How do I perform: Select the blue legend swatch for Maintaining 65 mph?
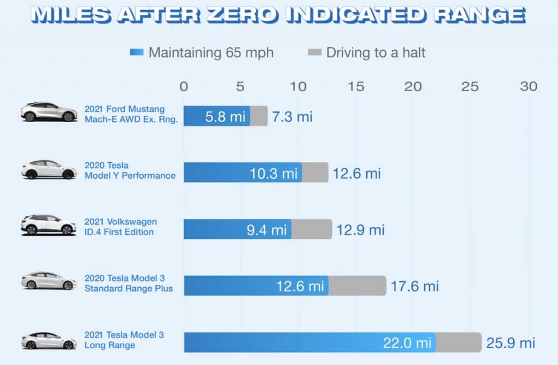tap(137, 53)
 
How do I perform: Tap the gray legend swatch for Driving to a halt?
tap(315, 53)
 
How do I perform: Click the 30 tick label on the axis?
tap(528, 86)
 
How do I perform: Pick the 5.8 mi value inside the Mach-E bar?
tap(226, 116)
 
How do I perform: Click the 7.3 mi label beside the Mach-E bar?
tap(292, 116)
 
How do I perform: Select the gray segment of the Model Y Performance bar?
tap(315, 173)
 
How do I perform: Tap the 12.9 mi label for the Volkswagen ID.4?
tap(361, 229)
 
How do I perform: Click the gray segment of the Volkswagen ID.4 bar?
tap(312, 229)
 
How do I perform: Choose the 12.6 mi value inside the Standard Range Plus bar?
tap(301, 285)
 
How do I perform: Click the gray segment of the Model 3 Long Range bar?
tap(458, 343)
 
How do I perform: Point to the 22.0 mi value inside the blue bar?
tap(408, 343)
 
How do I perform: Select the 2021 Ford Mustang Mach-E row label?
tap(131, 115)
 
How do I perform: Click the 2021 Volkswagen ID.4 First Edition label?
tap(120, 227)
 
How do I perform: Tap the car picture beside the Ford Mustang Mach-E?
tap(49, 112)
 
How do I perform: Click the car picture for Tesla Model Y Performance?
tap(49, 169)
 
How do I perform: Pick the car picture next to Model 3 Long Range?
tap(49, 340)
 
